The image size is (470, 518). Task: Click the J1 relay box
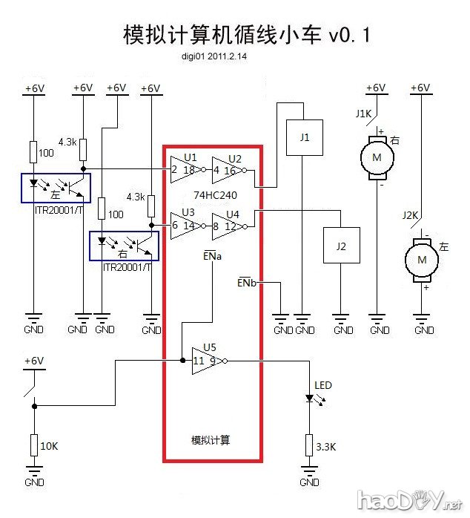(305, 138)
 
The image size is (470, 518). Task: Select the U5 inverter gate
(206, 361)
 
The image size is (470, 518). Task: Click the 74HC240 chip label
(214, 195)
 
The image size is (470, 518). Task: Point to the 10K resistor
(33, 445)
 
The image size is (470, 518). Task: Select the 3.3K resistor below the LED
(310, 446)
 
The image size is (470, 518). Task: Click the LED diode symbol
(311, 399)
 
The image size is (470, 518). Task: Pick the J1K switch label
(364, 114)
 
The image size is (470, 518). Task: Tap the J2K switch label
(409, 215)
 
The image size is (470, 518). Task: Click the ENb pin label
(248, 283)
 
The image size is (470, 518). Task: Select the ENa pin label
(211, 255)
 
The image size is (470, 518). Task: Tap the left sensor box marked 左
(56, 187)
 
